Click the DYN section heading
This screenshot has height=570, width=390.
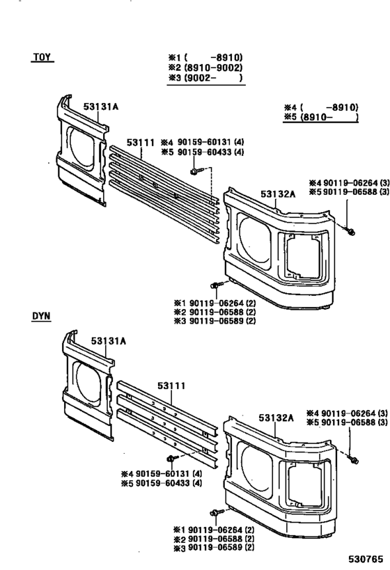(x=42, y=317)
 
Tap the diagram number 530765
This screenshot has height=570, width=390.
(x=366, y=558)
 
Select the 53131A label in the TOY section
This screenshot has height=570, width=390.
(x=101, y=106)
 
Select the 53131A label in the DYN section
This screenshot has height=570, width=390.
(x=108, y=341)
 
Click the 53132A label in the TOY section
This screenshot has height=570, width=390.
(x=278, y=194)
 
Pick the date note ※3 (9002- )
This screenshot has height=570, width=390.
(x=205, y=79)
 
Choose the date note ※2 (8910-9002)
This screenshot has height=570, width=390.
(x=205, y=68)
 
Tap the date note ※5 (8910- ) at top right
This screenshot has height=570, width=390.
(x=320, y=118)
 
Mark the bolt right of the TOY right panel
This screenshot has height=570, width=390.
(x=350, y=230)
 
